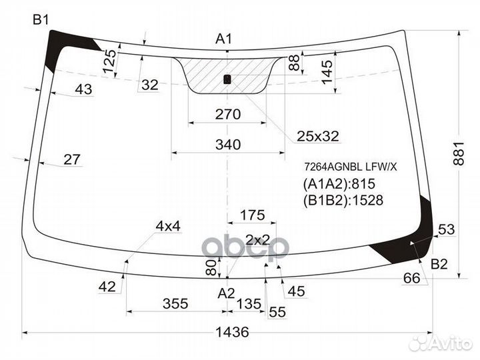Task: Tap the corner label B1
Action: point(41,21)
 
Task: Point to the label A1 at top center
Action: point(223,39)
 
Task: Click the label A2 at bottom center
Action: point(227,293)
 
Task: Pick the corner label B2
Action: point(439,264)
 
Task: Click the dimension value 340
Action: point(227,144)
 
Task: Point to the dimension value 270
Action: point(227,114)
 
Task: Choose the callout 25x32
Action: point(318,136)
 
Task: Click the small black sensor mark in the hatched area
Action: point(227,79)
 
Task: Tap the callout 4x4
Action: point(168,226)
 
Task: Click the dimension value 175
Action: point(252,215)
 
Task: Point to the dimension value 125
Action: point(109,63)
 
